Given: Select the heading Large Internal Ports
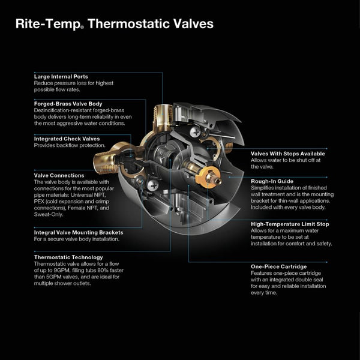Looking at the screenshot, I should point(61,77).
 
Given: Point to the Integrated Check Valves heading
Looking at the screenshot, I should point(67,139).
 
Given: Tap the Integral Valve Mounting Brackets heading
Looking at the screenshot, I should point(79,232).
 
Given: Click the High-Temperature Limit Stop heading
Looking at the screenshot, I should point(290,224).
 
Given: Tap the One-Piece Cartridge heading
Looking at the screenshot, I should point(278,266).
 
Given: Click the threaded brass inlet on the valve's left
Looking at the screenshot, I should point(103,160).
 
